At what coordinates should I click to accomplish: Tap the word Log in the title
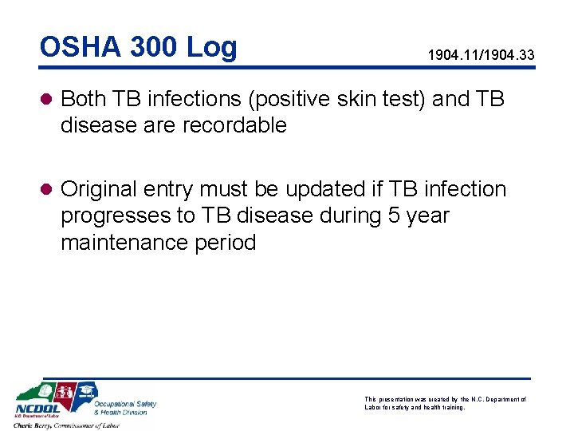211,49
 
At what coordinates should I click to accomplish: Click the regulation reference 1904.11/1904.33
481,55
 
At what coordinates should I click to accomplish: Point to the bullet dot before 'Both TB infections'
47,99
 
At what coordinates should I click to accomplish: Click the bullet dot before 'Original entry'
47,190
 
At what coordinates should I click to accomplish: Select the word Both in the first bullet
84,99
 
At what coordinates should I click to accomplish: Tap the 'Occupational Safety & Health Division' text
124,408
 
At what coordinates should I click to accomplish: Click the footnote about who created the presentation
445,402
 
